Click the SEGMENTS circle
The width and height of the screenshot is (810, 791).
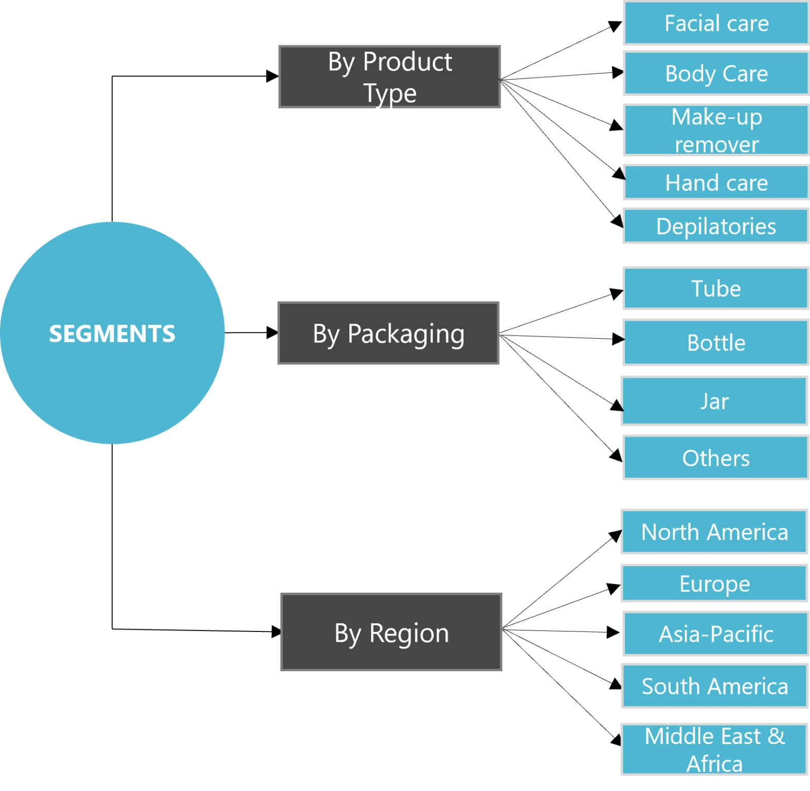click(112, 333)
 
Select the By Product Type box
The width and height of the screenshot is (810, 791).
click(390, 77)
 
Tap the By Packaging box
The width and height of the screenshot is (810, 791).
click(388, 333)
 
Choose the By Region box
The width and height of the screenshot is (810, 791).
click(391, 632)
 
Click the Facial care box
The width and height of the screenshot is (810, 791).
click(716, 23)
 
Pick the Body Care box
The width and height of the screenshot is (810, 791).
click(716, 73)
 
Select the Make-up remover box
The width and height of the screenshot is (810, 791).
click(716, 130)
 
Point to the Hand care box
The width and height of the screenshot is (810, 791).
click(716, 182)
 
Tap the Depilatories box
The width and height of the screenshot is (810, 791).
click(716, 226)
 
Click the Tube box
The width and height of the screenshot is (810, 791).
click(716, 288)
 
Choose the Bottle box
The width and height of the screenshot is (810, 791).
click(716, 342)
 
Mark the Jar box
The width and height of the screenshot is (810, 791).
click(714, 401)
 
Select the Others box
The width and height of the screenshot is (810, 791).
click(716, 457)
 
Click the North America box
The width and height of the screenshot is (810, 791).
click(714, 532)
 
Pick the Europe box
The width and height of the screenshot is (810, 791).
click(714, 583)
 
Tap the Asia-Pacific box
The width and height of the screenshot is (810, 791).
click(716, 634)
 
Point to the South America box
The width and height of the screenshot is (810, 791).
click(714, 686)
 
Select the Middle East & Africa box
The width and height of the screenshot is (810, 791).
click(714, 750)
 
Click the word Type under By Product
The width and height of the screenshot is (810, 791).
click(390, 93)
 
